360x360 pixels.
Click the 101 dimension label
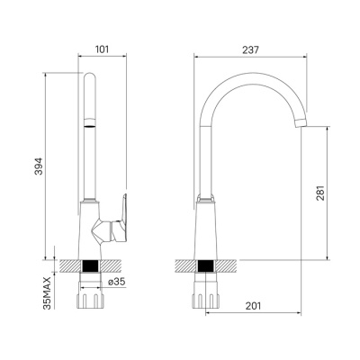tap(102, 49)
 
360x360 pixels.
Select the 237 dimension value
tap(250, 49)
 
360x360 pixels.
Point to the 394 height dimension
tap(39, 166)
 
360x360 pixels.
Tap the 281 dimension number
tap(320, 193)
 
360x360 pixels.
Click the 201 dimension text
tap(253, 306)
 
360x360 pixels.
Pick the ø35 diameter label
tap(116, 282)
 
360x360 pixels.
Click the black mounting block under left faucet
tap(90, 265)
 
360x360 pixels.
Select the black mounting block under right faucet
tap(205, 265)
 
